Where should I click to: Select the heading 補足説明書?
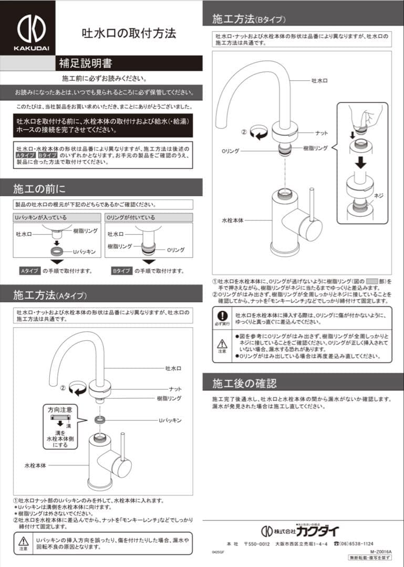85,64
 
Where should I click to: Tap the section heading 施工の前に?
39,188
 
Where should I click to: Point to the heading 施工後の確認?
244,382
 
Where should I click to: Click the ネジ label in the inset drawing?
378,195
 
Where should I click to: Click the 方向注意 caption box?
60,409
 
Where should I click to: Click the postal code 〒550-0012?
257,543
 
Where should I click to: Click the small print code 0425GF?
219,553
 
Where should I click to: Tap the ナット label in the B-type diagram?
322,133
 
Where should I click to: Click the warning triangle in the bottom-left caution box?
23,541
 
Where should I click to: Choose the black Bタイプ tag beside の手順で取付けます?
121,271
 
